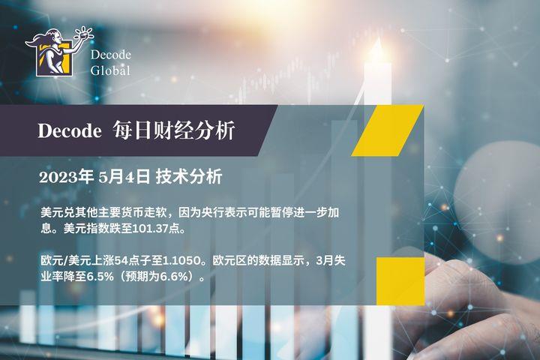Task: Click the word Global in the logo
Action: (110, 70)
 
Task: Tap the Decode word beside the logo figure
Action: (110, 55)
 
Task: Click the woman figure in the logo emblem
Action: (52, 52)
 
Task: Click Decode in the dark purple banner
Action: (70, 131)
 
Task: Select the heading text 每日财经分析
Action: (173, 130)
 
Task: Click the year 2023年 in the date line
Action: (67, 178)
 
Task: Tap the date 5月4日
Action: (124, 177)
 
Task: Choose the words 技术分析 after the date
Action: (189, 177)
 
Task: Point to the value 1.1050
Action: (181, 261)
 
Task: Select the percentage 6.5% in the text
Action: (100, 276)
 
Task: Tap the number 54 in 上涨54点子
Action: (121, 261)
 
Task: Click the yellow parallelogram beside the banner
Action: (388, 130)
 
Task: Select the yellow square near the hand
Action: (400, 281)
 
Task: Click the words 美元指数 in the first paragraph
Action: (80, 229)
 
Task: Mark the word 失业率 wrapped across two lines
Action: (58, 276)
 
